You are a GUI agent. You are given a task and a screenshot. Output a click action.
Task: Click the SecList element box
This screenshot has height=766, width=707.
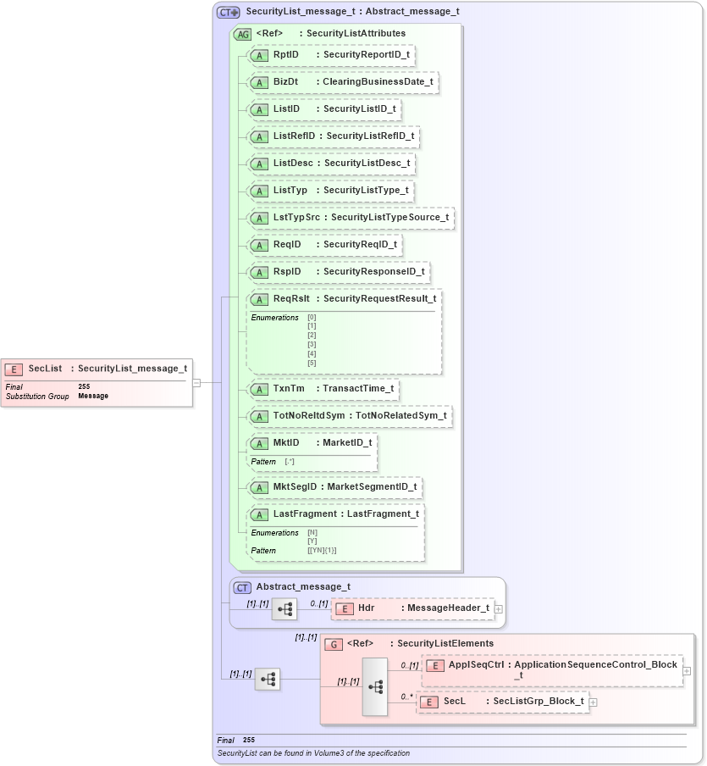(97, 369)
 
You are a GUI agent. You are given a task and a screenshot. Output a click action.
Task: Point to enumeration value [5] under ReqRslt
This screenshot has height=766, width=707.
(312, 363)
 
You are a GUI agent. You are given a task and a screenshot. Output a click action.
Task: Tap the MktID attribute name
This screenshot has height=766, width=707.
(286, 442)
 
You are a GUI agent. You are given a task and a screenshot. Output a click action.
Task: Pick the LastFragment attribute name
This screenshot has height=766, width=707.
(305, 513)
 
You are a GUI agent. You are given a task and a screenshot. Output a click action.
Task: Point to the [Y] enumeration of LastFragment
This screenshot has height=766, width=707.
(312, 541)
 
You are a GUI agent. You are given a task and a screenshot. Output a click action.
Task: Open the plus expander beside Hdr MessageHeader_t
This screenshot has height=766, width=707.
(499, 608)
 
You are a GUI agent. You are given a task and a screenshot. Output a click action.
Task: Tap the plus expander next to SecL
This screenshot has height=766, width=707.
(594, 702)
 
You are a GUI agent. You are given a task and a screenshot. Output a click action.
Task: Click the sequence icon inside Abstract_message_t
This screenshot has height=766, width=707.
(284, 608)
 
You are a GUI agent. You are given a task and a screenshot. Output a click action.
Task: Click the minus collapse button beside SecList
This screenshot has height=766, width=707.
(196, 382)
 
